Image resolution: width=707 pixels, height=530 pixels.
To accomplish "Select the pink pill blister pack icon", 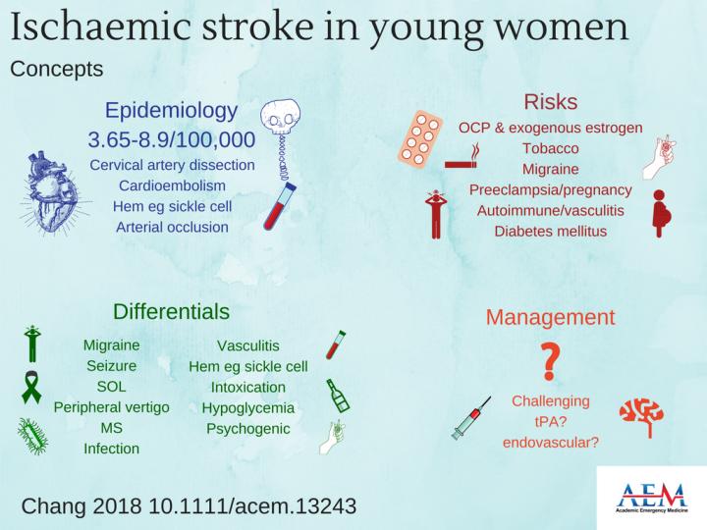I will click(423, 140).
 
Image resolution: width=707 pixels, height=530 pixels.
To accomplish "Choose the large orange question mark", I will click(550, 362).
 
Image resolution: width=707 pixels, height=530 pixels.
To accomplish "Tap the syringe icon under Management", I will click(472, 417).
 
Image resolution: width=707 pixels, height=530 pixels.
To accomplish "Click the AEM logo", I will click(650, 497).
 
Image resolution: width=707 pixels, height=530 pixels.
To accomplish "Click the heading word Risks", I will click(550, 102).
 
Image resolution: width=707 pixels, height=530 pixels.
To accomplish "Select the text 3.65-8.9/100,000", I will click(172, 138).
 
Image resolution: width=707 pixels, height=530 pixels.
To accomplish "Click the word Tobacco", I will click(550, 148).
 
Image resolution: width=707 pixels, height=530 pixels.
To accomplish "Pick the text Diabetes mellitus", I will click(550, 232).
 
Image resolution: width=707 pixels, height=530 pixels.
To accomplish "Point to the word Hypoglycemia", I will click(248, 407).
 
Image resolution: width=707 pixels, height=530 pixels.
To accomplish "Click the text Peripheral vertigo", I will click(111, 406).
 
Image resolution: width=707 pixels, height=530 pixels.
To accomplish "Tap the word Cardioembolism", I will click(172, 185).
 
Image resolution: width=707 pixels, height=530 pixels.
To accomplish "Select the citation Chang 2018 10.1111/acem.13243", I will click(188, 506).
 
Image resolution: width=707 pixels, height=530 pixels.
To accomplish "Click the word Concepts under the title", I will click(56, 70).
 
